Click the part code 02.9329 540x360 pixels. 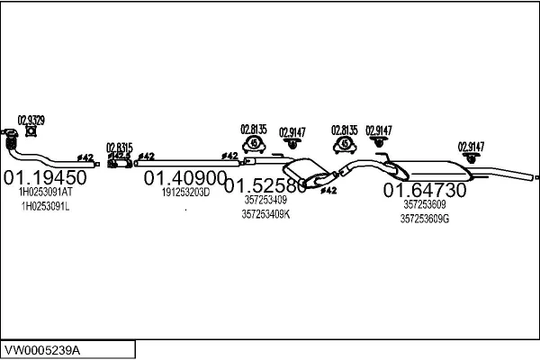point(31,119)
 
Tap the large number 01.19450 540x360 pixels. point(46,177)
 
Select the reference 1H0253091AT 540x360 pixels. point(45,192)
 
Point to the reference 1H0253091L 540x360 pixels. point(45,206)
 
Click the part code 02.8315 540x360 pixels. point(119,147)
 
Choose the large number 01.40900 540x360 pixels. point(185,177)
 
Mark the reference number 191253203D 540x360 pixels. point(185,192)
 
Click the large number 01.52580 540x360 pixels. point(265,186)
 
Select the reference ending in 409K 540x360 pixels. point(266,214)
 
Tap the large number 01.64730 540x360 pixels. point(425,190)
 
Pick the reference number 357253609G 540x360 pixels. point(425,218)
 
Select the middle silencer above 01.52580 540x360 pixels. point(303,173)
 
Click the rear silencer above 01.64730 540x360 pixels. point(431,168)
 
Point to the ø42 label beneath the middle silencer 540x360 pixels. point(328,191)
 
